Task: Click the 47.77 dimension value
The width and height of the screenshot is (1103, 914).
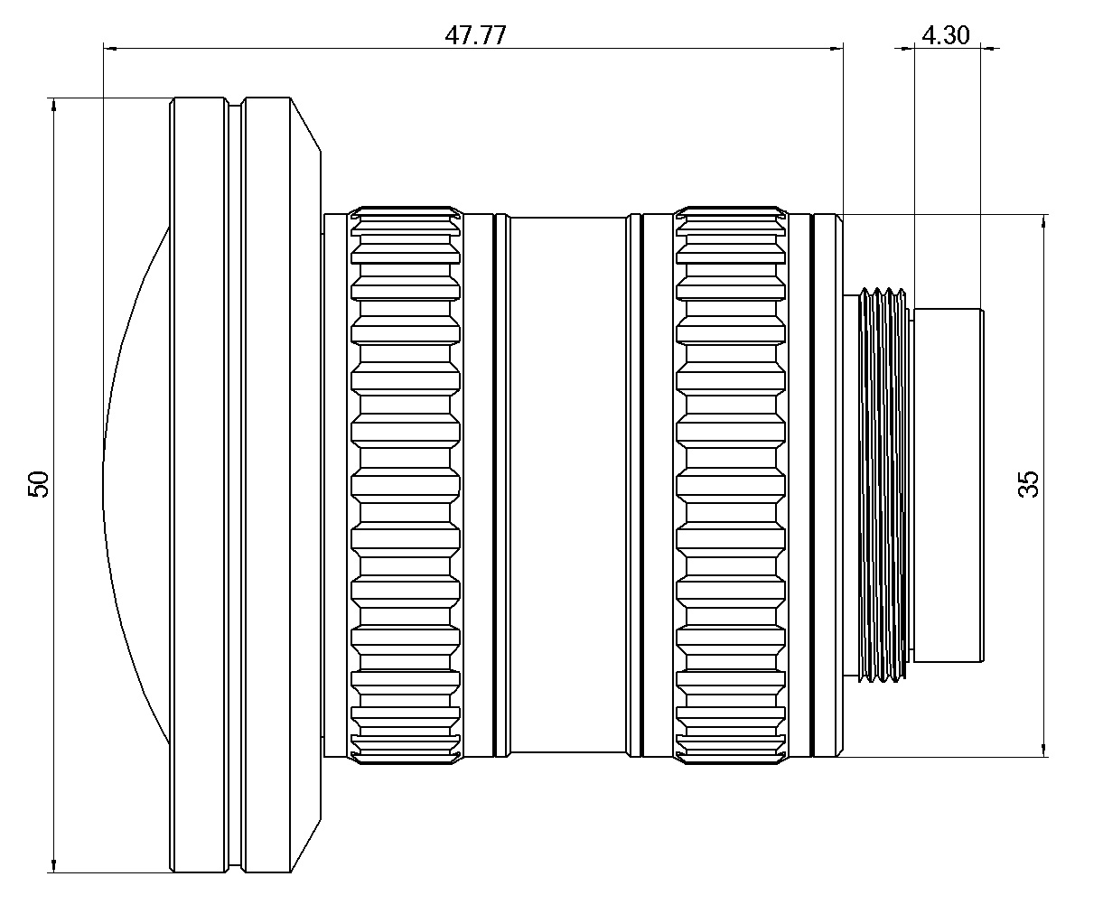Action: point(476,35)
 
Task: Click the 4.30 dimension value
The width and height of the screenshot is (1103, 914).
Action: point(945,35)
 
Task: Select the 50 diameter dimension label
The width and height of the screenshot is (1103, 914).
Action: point(38,485)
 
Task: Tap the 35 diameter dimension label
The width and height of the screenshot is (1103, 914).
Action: point(1028,484)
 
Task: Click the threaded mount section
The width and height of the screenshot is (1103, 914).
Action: point(883,484)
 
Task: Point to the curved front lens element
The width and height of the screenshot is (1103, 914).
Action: point(136,484)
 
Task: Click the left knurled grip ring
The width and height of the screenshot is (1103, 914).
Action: point(406,485)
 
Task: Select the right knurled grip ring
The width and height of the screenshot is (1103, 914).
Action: point(730,485)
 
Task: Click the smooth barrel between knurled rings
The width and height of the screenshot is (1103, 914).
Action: point(566,485)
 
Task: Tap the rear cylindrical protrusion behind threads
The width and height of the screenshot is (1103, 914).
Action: point(949,484)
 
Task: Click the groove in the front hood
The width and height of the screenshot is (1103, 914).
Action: point(235,485)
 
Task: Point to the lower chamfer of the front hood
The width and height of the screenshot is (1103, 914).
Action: point(306,845)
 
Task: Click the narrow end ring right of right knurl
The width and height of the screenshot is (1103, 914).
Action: point(827,485)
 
